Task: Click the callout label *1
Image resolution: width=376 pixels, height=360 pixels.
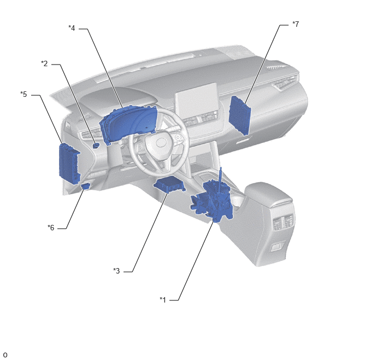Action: (163, 300)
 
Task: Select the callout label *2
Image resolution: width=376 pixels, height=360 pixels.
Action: (44, 63)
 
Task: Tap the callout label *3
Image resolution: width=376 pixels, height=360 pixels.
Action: (116, 271)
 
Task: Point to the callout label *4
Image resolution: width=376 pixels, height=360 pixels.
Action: (72, 28)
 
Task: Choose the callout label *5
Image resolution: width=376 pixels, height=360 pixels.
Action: (23, 94)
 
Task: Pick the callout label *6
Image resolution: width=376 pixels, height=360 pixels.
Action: (51, 228)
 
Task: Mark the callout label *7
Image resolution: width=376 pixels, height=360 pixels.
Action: (296, 24)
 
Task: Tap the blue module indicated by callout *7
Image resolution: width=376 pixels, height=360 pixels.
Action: (240, 115)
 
